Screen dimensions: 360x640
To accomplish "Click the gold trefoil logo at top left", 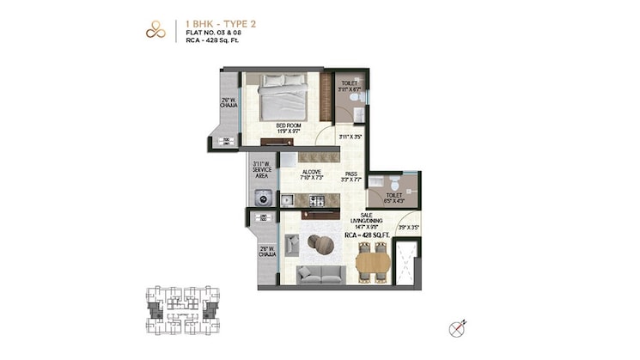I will (x=155, y=28).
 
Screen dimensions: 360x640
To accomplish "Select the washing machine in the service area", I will (x=261, y=196).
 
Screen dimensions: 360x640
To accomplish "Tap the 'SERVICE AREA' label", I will (x=261, y=170).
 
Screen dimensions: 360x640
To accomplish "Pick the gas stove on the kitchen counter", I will (x=315, y=201).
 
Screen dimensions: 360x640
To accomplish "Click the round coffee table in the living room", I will (x=323, y=245).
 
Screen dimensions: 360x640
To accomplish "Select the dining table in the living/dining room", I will (x=372, y=261).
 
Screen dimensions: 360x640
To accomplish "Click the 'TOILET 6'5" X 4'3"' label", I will (x=393, y=198).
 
